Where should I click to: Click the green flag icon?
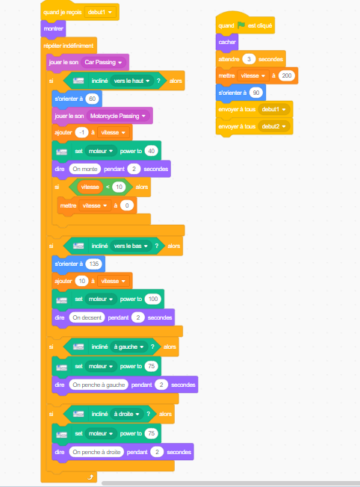[241, 25]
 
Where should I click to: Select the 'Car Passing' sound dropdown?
[103, 62]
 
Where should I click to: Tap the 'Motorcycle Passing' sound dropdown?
[118, 116]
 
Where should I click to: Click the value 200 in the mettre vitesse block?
[286, 75]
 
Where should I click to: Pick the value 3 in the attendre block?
[249, 59]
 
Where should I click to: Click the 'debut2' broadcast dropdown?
[273, 126]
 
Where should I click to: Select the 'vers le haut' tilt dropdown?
[131, 81]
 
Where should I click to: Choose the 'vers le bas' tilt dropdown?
[131, 246]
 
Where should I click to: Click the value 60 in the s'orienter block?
[93, 99]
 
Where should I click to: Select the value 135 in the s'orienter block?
[94, 264]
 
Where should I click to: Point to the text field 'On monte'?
[85, 169]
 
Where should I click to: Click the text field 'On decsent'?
[87, 317]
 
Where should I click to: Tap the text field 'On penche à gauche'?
[99, 385]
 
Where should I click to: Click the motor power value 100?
[153, 299]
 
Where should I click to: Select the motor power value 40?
[152, 151]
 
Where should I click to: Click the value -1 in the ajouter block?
[81, 132]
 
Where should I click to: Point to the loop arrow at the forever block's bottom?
[90, 477]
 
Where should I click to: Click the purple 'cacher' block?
[227, 42]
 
